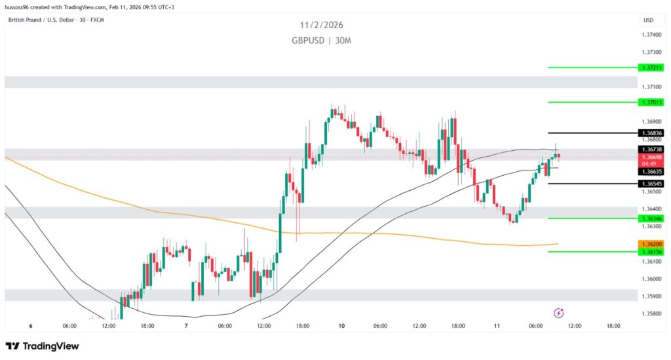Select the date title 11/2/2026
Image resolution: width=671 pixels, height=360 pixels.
tap(322, 25)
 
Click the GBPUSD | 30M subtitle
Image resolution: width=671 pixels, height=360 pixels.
tap(322, 41)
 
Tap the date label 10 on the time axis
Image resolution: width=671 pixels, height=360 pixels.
tap(342, 326)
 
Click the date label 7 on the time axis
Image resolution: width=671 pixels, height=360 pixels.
tap(187, 326)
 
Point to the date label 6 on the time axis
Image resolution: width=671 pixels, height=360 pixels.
tap(31, 326)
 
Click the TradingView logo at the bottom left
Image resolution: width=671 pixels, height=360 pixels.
tap(42, 346)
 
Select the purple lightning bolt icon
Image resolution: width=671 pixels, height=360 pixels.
tap(558, 313)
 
